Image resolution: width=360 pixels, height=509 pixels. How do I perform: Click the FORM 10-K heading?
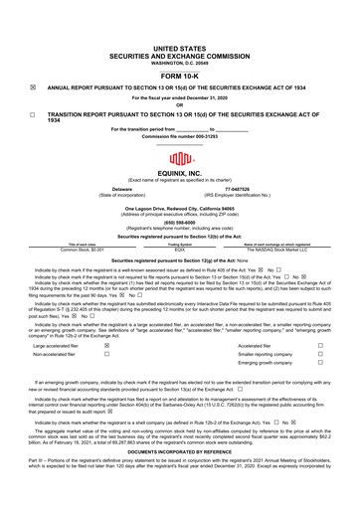(x=180, y=76)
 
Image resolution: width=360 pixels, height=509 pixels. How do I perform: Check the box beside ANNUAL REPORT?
(x=32, y=87)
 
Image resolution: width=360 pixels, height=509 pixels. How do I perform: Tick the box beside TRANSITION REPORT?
(x=32, y=114)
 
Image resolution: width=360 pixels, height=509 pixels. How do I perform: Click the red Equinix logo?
(x=179, y=160)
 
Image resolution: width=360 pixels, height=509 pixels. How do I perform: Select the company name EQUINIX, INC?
(x=180, y=173)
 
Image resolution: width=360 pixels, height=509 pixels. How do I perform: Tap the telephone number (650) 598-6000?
(x=180, y=223)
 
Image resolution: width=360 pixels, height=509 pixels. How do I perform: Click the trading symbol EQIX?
(x=180, y=249)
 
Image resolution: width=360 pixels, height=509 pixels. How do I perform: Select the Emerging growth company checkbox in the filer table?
(x=319, y=365)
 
